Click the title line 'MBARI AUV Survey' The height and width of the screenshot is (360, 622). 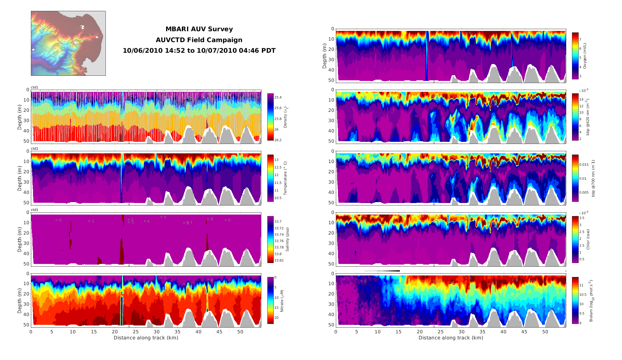199,29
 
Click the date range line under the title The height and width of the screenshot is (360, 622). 199,51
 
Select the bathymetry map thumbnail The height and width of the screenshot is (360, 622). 68,43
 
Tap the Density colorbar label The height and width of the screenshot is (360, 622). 285,117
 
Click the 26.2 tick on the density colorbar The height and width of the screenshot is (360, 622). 278,140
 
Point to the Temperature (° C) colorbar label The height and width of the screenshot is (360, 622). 285,178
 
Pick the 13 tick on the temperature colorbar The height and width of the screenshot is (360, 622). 276,160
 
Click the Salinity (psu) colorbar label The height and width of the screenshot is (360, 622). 287,239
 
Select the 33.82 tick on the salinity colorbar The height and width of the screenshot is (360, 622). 279,260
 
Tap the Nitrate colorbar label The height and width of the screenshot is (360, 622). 282,301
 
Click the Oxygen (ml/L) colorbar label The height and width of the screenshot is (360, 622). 585,56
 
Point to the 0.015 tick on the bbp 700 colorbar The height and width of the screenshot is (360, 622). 584,165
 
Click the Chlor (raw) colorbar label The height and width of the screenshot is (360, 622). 588,239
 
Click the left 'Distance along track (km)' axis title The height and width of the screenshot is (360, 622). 146,338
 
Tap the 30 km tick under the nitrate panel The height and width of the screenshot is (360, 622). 156,332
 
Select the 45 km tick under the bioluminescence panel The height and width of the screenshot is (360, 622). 524,332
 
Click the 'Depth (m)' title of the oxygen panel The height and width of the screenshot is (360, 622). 325,56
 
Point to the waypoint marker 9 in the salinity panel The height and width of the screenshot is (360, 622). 226,220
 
